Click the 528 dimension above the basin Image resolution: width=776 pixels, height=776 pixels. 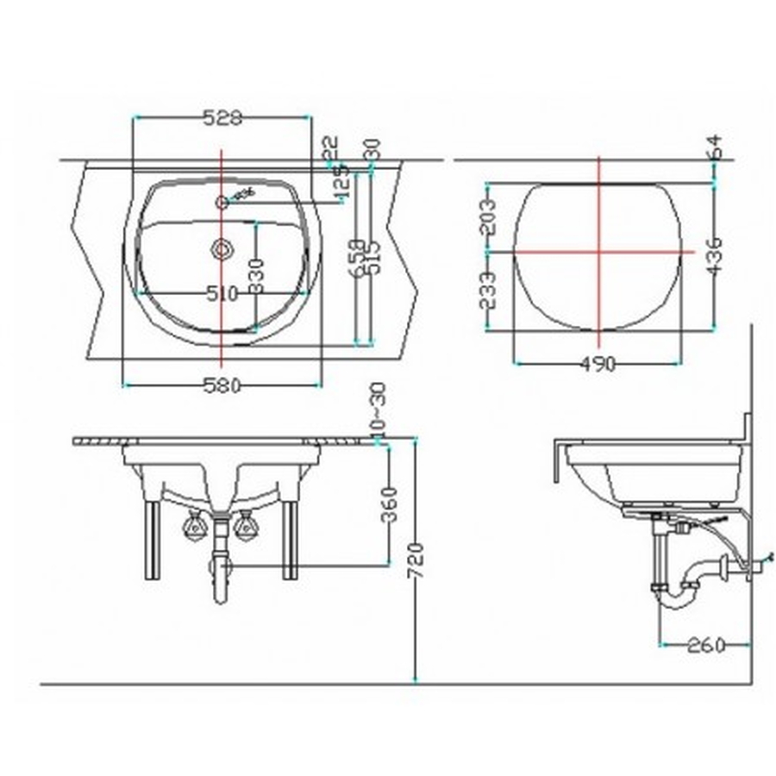(222, 118)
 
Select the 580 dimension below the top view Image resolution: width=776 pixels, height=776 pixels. (222, 386)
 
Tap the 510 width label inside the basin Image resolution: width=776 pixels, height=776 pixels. (222, 294)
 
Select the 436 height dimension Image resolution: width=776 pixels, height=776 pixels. (716, 255)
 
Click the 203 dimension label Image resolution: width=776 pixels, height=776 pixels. (487, 217)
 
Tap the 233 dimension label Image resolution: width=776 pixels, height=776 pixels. (487, 291)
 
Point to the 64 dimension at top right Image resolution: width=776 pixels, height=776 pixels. (716, 147)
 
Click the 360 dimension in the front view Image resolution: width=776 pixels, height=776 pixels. (389, 504)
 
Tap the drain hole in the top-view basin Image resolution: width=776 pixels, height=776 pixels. (222, 249)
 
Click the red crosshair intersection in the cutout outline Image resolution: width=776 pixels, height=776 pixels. (598, 251)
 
